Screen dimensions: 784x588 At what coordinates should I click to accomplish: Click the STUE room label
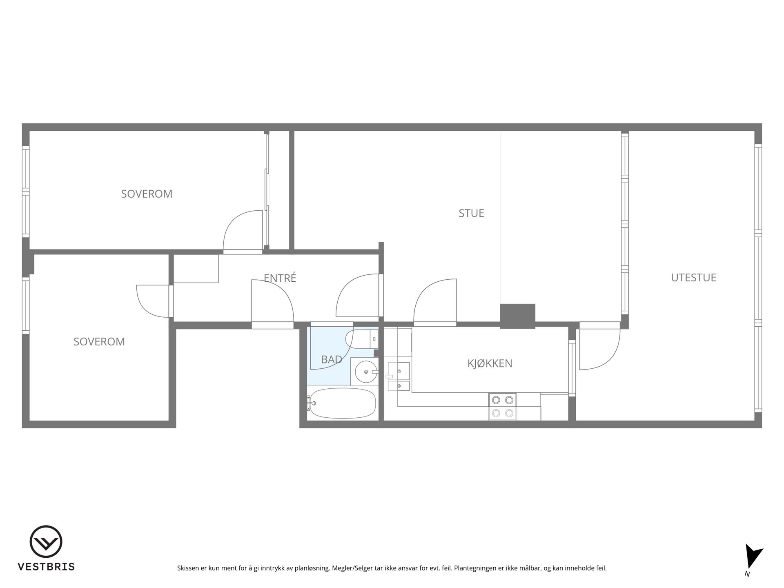(x=471, y=213)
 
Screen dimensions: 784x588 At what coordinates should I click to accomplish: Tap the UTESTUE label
(x=693, y=278)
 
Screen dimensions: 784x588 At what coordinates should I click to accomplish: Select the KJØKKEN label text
(x=490, y=363)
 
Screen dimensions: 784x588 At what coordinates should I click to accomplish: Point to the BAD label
(x=331, y=359)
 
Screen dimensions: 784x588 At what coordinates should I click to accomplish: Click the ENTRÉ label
(x=280, y=278)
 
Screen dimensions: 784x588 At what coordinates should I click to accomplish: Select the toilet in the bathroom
(x=361, y=339)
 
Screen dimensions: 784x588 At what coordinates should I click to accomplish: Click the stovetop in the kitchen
(x=503, y=407)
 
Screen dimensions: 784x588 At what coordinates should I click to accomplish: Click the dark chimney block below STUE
(x=517, y=316)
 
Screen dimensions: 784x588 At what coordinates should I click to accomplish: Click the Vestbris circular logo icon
(x=46, y=541)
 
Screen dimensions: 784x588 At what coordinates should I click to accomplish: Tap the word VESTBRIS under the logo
(x=46, y=567)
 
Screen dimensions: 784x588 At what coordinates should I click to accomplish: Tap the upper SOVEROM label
(x=147, y=194)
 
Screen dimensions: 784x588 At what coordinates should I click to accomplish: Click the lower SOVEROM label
(x=99, y=342)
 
